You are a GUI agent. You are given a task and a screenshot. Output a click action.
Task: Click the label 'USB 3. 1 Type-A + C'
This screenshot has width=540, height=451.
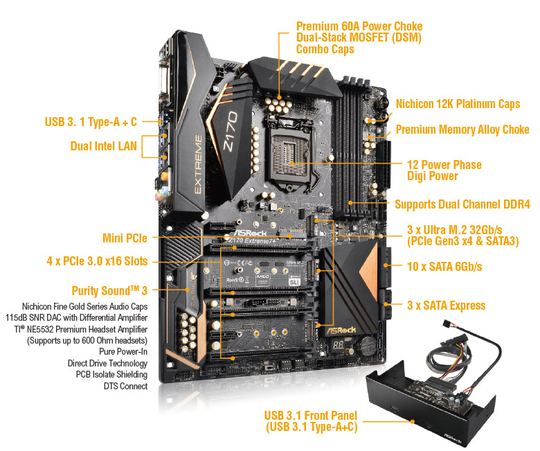pyautogui.click(x=91, y=123)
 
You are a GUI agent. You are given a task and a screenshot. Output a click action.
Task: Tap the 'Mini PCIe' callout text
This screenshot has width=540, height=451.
pyautogui.click(x=125, y=238)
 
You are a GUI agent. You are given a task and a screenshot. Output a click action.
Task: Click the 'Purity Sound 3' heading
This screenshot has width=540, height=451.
pyautogui.click(x=110, y=290)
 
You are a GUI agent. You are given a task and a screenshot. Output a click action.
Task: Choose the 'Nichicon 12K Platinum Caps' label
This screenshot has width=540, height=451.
pyautogui.click(x=457, y=104)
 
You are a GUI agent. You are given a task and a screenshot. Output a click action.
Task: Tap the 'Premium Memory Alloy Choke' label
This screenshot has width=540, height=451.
pyautogui.click(x=462, y=130)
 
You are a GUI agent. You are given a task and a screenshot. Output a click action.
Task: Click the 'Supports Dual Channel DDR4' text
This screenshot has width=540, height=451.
pyautogui.click(x=462, y=204)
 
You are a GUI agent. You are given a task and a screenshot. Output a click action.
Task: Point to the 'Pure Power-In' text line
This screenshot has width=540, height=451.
pyautogui.click(x=118, y=351)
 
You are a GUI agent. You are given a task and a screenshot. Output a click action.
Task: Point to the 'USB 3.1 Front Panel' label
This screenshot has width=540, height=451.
pyautogui.click(x=310, y=416)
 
